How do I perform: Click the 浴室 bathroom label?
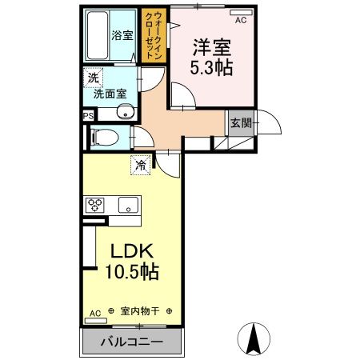tap(122, 35)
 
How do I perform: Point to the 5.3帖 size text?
tap(211, 67)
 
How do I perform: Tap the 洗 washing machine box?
tap(93, 78)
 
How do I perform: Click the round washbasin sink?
tap(124, 112)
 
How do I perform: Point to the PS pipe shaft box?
tap(87, 114)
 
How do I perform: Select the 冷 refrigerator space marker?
tap(141, 166)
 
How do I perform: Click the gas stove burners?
tap(95, 203)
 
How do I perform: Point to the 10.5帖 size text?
tap(131, 271)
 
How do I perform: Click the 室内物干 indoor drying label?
tap(139, 311)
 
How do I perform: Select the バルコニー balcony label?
tap(131, 342)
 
